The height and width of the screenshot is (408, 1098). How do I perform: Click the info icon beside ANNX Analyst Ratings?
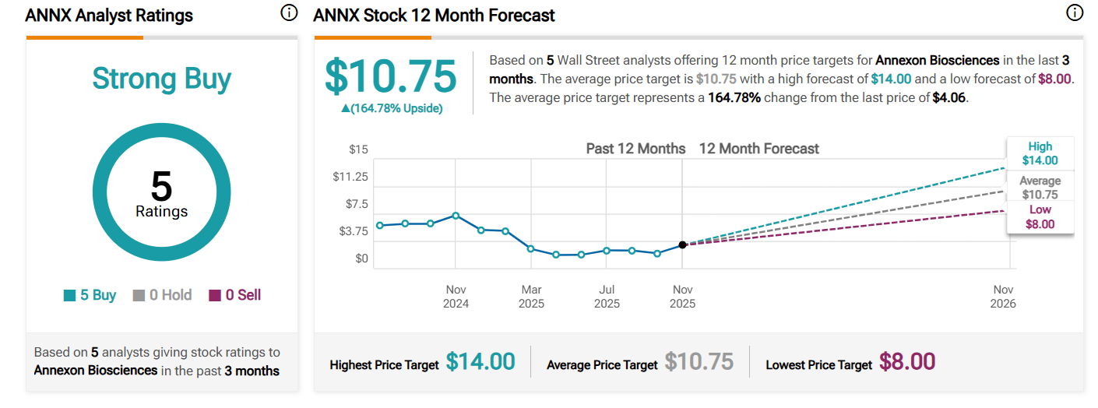289,13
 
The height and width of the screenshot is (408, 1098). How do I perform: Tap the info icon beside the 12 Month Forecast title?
1075,13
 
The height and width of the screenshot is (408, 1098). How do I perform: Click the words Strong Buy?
162,79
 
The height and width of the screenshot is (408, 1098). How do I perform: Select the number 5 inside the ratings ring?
161,187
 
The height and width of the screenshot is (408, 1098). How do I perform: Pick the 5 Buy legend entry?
90,295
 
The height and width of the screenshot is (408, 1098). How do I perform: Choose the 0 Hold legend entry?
162,295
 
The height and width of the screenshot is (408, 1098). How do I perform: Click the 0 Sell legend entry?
234,295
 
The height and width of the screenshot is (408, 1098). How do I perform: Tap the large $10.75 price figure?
390,76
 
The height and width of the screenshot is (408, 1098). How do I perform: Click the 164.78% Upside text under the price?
392,108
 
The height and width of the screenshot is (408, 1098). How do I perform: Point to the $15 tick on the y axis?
358,149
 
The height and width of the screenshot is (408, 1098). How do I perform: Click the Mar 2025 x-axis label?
531,296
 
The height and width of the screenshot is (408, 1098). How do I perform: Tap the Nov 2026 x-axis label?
1003,296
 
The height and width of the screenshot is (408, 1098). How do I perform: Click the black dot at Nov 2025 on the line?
682,244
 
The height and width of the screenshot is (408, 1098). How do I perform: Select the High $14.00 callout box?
1040,153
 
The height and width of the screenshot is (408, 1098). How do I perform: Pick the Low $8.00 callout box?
1040,216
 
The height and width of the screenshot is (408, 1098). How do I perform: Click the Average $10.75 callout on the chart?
1040,188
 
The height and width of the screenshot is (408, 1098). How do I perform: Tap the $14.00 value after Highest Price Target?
480,362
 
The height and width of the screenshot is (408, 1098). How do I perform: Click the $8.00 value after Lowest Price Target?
907,362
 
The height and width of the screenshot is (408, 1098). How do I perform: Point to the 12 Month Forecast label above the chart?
758,149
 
